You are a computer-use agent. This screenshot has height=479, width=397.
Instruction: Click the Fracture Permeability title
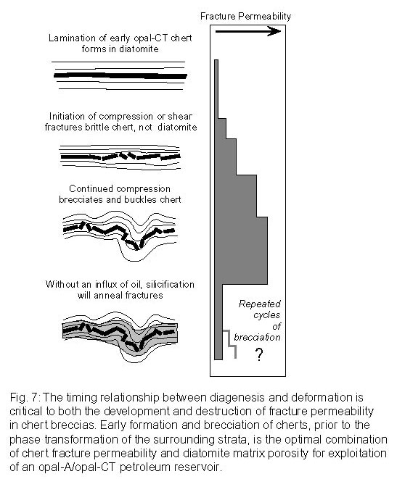click(245, 16)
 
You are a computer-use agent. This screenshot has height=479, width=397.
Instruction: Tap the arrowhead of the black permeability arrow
click(274, 31)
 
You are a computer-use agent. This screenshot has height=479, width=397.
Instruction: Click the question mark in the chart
click(259, 354)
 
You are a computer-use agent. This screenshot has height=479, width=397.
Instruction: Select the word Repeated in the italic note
click(259, 304)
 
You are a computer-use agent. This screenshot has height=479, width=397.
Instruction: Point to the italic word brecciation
click(257, 337)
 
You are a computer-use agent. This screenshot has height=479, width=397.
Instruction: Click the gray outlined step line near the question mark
click(229, 343)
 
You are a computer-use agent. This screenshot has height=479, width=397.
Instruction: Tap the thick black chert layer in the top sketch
click(120, 75)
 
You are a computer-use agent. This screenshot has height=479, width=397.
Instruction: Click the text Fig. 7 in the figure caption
click(24, 397)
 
